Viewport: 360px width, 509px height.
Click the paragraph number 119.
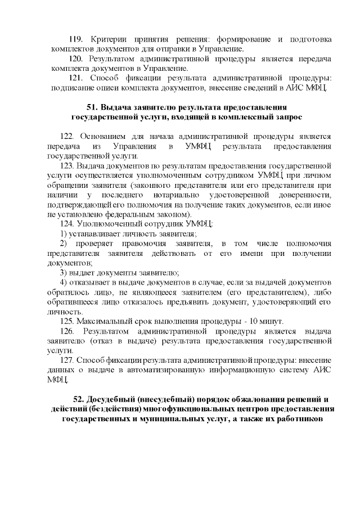[x=75, y=39]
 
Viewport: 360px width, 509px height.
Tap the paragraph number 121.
[x=75, y=78]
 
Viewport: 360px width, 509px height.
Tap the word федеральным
[x=133, y=214]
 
